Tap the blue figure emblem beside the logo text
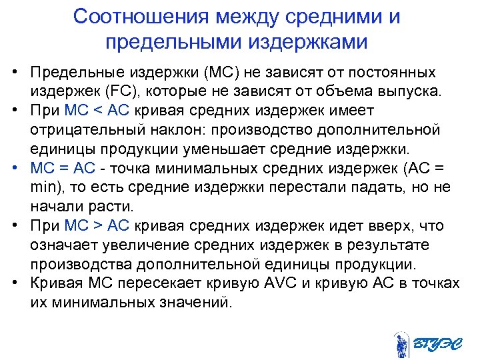pyautogui.click(x=401, y=344)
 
